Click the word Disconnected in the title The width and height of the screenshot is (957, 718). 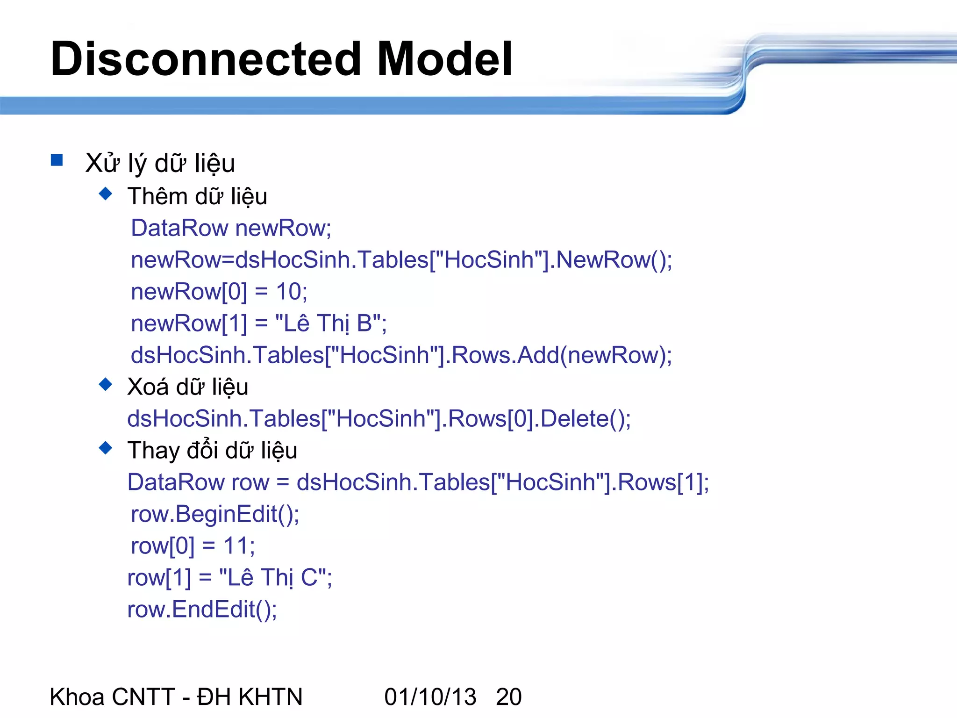click(x=206, y=59)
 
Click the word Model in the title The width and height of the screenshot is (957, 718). click(x=444, y=59)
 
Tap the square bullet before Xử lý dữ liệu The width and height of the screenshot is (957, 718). click(x=57, y=160)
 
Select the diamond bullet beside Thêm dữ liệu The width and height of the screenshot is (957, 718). click(x=106, y=194)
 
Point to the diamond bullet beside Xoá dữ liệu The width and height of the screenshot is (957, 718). click(x=106, y=384)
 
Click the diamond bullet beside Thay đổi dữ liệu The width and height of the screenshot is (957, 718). click(x=106, y=448)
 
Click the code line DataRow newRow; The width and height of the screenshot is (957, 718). click(x=231, y=229)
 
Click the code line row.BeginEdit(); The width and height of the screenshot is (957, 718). click(x=215, y=514)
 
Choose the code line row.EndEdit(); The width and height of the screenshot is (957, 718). click(x=202, y=610)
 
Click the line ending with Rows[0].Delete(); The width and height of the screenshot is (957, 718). click(x=379, y=419)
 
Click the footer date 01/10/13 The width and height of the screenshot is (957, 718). click(x=430, y=697)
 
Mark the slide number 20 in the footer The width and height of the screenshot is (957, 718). click(x=508, y=697)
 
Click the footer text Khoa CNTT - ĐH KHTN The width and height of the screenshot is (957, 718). click(x=176, y=697)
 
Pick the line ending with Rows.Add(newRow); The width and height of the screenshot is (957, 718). click(x=401, y=355)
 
